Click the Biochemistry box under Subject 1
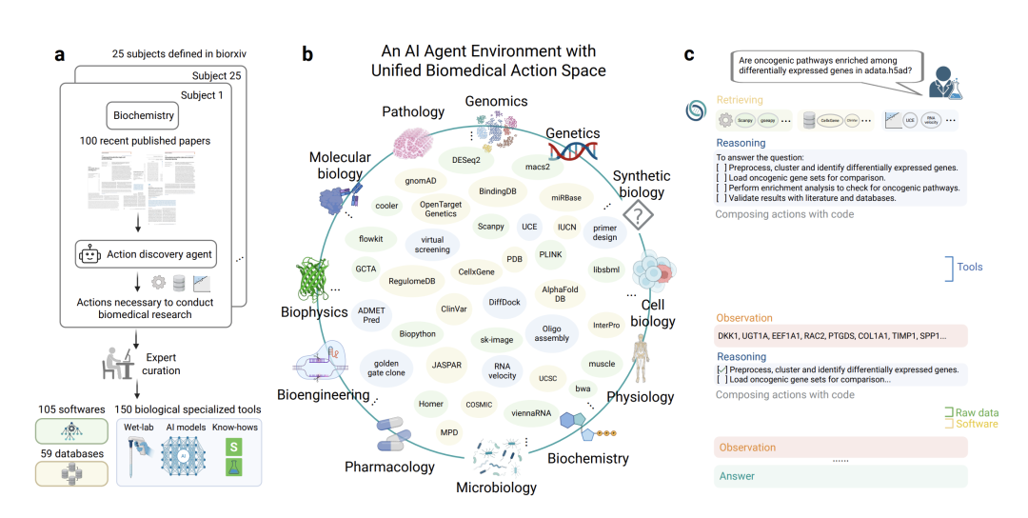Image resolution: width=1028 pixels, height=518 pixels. click(144, 116)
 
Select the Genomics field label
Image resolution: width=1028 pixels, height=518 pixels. click(495, 101)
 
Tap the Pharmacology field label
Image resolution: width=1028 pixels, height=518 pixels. click(389, 467)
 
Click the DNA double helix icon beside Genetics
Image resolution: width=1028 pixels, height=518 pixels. click(572, 150)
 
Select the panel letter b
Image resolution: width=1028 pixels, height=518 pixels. click(307, 54)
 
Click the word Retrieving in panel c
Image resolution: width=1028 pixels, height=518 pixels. click(740, 100)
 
